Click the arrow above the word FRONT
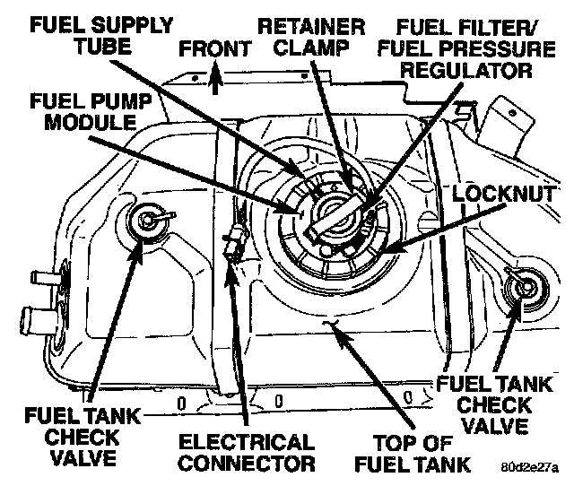(x=213, y=82)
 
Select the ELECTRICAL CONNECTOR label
(x=247, y=452)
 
